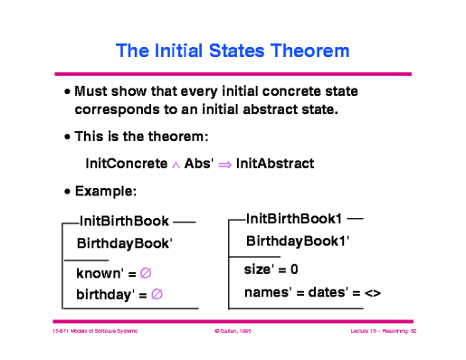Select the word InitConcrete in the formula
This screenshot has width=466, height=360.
click(126, 164)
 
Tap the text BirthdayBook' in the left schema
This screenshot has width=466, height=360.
click(124, 243)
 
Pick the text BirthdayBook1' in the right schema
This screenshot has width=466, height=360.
click(298, 242)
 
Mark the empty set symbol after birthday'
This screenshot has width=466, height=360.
click(157, 293)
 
